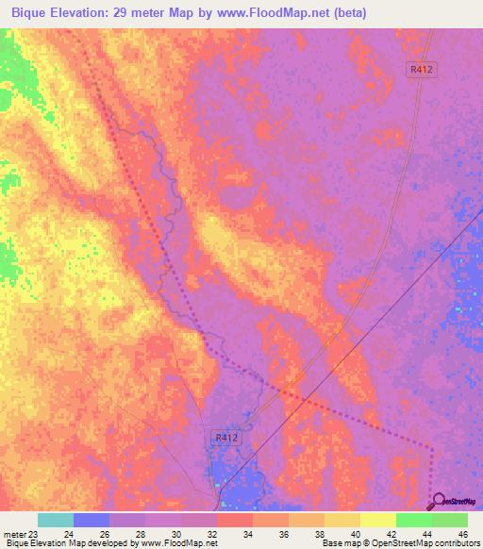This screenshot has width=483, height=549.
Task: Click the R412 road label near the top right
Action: click(423, 69)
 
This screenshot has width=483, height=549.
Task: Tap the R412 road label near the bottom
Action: click(223, 438)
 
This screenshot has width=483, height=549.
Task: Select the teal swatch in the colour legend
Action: click(55, 520)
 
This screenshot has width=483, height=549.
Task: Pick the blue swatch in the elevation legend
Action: click(92, 520)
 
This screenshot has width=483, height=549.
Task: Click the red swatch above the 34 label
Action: click(234, 520)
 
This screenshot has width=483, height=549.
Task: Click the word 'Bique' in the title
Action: click(31, 13)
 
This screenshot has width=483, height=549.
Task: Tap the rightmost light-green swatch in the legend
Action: click(449, 520)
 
